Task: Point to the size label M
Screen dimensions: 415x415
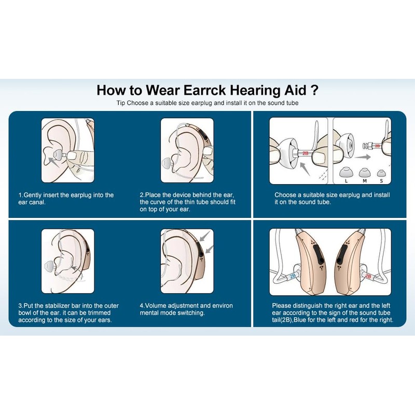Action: click(364, 180)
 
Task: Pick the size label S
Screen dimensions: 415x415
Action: click(382, 180)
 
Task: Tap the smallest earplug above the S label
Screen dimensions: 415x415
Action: click(382, 172)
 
